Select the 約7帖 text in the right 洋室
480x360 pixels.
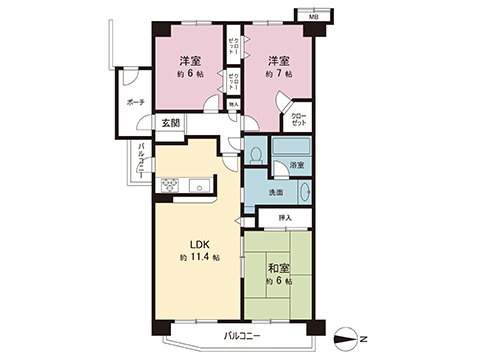coord(278,75)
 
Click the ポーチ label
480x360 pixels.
coord(136,102)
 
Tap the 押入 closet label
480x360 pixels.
coord(286,217)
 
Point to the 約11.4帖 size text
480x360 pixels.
coord(200,258)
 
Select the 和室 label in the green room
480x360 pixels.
coord(279,267)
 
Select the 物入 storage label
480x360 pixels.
coord(234,103)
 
